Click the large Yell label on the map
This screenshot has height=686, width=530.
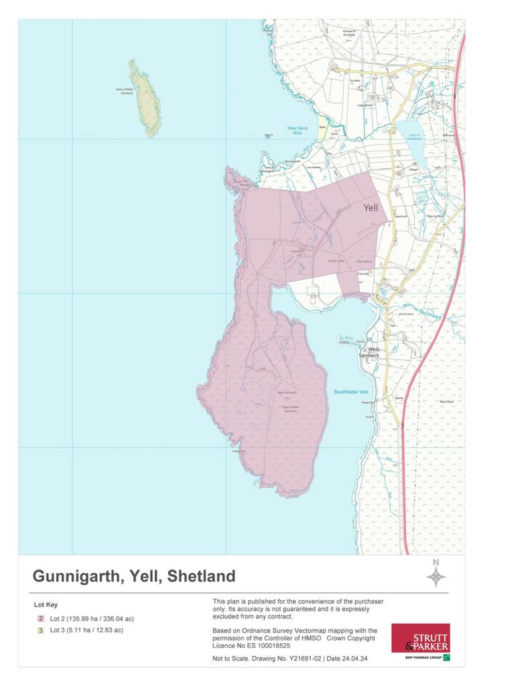click(371, 208)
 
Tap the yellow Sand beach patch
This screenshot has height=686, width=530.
click(322, 129)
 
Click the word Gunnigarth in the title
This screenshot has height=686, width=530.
click(73, 576)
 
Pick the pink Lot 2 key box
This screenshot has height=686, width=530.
click(41, 618)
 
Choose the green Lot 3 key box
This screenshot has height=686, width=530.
click(41, 630)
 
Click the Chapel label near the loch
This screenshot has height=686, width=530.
click(413, 170)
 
